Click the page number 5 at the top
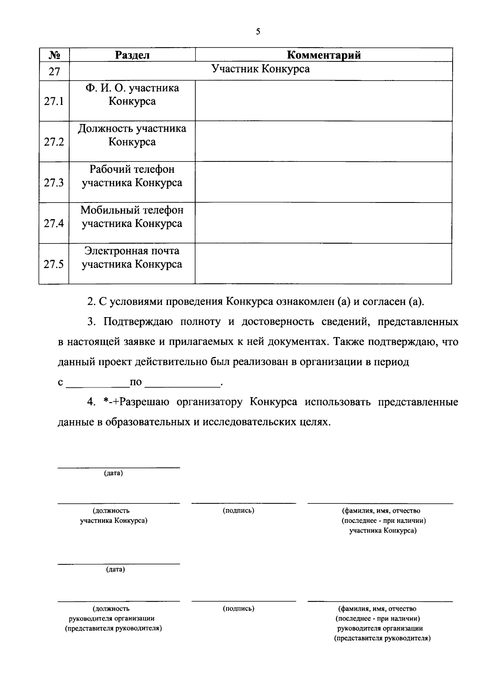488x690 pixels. click(258, 32)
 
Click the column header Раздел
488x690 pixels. click(132, 55)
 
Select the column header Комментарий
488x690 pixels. click(324, 55)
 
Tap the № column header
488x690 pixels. click(54, 55)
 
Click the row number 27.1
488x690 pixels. click(54, 101)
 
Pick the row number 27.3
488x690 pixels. click(54, 183)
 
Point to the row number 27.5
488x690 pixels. click(54, 264)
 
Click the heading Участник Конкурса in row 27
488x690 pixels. click(261, 69)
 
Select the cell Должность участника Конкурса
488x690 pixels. click(132, 135)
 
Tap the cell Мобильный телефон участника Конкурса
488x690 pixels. click(132, 217)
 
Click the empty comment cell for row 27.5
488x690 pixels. click(323, 263)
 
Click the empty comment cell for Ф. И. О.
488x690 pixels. click(323, 100)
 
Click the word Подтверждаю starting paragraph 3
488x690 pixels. click(138, 322)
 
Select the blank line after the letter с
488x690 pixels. click(97, 382)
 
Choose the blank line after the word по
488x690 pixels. click(182, 382)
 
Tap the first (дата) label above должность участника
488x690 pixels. click(113, 473)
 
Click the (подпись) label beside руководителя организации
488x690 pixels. click(238, 609)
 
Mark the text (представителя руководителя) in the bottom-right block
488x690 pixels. click(382, 638)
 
